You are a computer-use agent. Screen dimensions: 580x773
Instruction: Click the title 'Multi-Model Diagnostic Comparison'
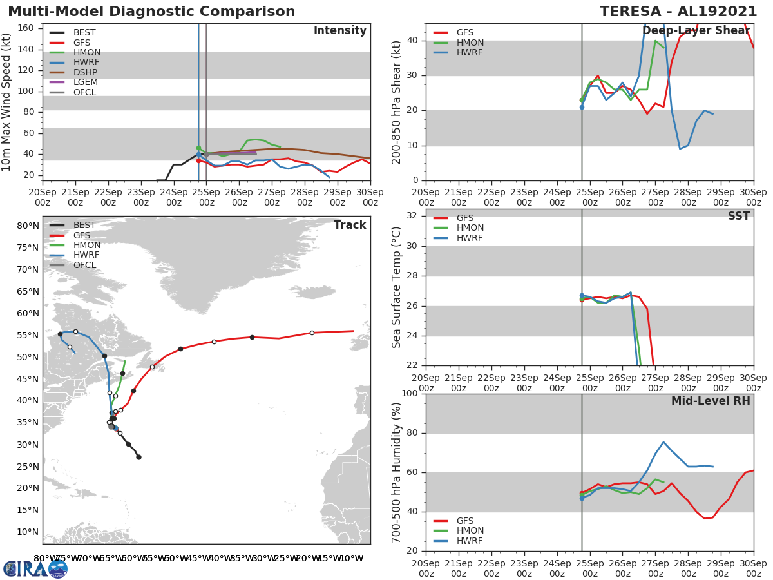pos(151,12)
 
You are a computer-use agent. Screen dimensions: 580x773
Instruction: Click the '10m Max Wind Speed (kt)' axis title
pos(7,102)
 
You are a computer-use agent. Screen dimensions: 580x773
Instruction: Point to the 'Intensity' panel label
pos(339,31)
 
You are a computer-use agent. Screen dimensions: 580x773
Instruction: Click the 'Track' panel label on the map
pos(349,225)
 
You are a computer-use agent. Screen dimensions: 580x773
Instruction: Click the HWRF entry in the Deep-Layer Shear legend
pos(470,53)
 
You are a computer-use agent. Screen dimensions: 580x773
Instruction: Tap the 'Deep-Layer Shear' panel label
pos(696,31)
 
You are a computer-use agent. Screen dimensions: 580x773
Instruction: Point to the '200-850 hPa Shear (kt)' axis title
pos(397,102)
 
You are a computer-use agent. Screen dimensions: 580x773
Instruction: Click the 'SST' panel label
pos(738,217)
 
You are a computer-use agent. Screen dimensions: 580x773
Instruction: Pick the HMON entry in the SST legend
pos(470,228)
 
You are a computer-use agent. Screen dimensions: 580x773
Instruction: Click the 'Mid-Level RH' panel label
pos(710,401)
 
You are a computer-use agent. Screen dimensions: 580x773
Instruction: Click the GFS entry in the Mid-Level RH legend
pos(470,521)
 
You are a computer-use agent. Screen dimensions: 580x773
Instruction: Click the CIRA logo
pos(35,568)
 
